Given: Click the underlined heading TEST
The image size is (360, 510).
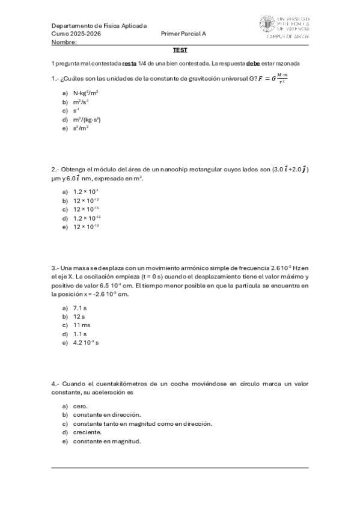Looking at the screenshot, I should click(x=180, y=51).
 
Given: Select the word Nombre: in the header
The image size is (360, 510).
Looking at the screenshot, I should click(x=64, y=42).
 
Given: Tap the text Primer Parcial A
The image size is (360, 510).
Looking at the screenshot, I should click(x=184, y=34).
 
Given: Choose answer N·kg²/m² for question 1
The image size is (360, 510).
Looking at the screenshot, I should click(x=85, y=93).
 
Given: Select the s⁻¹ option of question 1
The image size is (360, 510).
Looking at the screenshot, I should click(x=77, y=111).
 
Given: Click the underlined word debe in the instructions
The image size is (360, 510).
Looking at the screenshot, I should click(x=252, y=63).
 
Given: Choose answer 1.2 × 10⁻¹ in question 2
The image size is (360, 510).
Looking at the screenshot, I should click(x=85, y=191).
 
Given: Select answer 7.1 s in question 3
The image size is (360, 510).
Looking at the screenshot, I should click(x=79, y=307).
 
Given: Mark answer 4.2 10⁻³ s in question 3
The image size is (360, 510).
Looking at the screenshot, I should click(x=87, y=342).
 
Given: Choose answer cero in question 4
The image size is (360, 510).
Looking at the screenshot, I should click(x=80, y=406).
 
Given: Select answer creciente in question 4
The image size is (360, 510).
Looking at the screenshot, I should click(x=87, y=432).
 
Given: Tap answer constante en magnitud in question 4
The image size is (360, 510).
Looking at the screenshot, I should click(x=106, y=441).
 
